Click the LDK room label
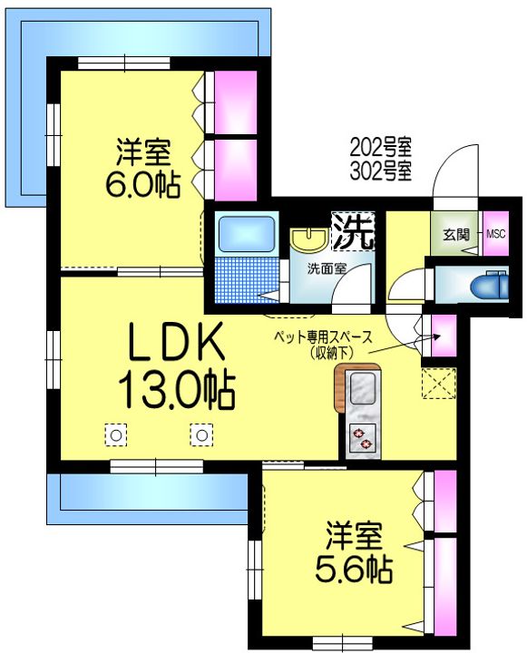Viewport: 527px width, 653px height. (x=177, y=342)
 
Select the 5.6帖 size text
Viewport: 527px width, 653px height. (x=354, y=570)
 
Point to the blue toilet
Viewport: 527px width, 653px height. (x=489, y=286)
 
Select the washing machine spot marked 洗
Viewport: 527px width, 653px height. (x=353, y=231)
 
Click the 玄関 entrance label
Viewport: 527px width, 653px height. (x=455, y=235)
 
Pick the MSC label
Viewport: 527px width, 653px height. (x=496, y=234)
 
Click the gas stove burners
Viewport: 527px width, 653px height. (x=362, y=439)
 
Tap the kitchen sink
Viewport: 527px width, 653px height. (x=363, y=389)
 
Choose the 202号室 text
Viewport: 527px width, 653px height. (x=380, y=147)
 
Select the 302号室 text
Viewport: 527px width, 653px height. (x=380, y=171)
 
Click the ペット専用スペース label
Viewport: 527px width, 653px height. (x=323, y=337)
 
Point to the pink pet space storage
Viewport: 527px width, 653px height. (x=444, y=336)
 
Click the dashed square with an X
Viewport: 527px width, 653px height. (x=439, y=383)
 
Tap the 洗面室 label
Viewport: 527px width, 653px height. (x=327, y=269)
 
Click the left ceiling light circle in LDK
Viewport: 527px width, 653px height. (x=116, y=435)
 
